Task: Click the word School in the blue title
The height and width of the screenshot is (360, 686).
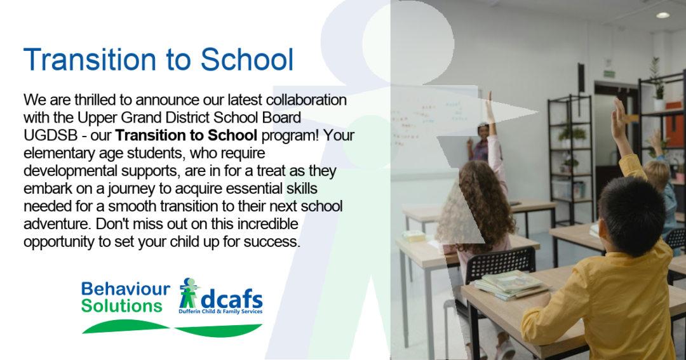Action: point(246,60)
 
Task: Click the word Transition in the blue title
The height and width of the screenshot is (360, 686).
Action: point(90,60)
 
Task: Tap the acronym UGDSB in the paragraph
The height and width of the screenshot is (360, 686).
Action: point(50,136)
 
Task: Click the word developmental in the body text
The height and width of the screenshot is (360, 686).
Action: point(71,171)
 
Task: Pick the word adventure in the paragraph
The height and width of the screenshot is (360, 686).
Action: point(57,224)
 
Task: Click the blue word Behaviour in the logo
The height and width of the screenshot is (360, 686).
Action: point(126,289)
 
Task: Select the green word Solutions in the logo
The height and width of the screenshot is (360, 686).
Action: point(122,306)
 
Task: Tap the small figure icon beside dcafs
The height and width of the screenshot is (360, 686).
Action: point(189,293)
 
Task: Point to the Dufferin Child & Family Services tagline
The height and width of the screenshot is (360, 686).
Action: point(220,312)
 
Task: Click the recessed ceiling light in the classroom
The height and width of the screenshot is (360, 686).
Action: point(662,15)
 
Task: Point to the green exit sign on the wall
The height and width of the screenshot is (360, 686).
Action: point(609,74)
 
